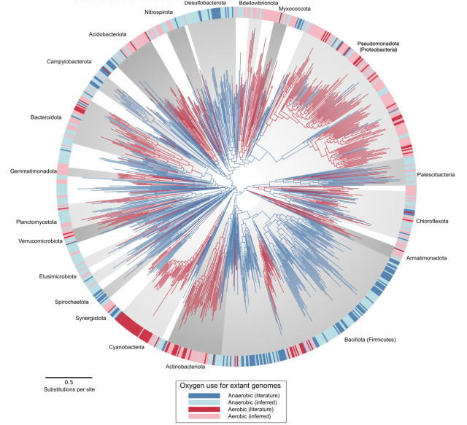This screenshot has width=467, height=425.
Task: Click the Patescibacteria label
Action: point(436,175)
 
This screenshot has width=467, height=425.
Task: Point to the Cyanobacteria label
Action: point(126,347)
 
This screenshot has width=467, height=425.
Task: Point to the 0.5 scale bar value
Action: point(69,382)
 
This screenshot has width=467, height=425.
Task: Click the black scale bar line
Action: point(69,377)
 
